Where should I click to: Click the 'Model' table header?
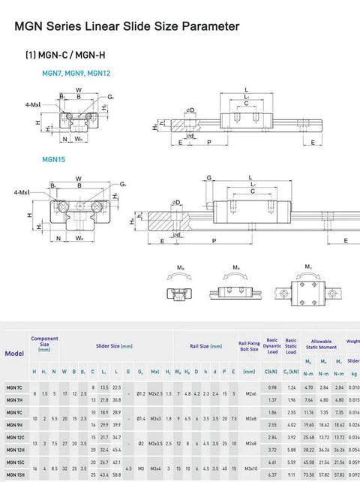13,353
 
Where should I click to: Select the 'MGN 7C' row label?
14,387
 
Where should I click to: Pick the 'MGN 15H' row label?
14,475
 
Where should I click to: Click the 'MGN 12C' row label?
14,437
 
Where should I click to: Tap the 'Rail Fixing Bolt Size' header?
248,346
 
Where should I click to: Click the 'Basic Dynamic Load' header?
271,346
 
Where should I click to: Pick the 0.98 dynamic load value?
271,387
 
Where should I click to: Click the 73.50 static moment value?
307,475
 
